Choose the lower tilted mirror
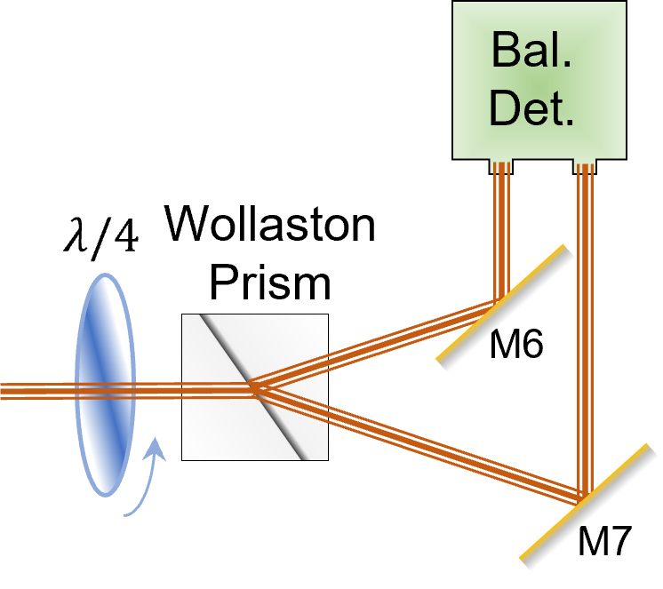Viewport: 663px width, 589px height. (589, 507)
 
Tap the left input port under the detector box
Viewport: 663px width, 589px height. (502, 165)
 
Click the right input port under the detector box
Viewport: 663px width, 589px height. (584, 165)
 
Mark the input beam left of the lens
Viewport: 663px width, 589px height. (36, 390)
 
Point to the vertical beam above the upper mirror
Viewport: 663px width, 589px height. (502, 231)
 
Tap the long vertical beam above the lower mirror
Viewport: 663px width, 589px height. (584, 329)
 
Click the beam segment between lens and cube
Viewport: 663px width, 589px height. (160, 389)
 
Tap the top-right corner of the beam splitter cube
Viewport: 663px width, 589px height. (326, 316)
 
